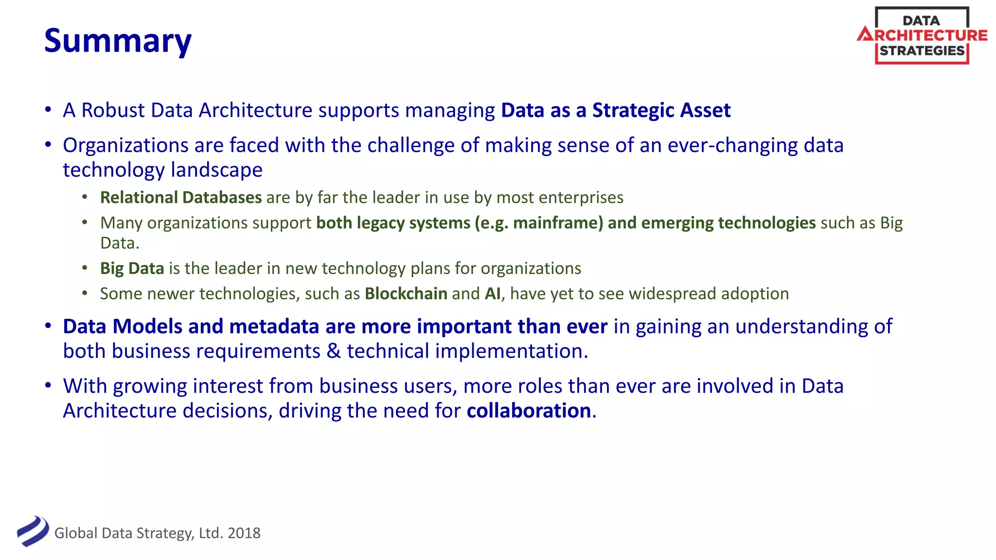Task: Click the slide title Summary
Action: click(x=118, y=41)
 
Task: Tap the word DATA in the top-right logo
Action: click(x=921, y=20)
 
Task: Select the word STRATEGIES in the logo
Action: click(x=922, y=51)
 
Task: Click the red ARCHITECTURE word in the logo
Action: click(x=922, y=35)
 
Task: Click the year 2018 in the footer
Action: click(x=244, y=533)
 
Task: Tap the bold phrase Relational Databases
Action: click(x=181, y=197)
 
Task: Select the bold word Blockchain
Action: click(x=406, y=294)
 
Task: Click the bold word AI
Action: click(x=493, y=294)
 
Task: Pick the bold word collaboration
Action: click(x=529, y=411)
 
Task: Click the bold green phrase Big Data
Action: click(x=132, y=268)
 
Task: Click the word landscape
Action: click(x=216, y=170)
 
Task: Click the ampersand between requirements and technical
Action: click(x=334, y=351)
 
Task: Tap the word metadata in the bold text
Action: click(x=274, y=327)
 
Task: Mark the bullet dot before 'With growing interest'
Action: click(x=48, y=385)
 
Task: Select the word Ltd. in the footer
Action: click(x=211, y=533)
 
